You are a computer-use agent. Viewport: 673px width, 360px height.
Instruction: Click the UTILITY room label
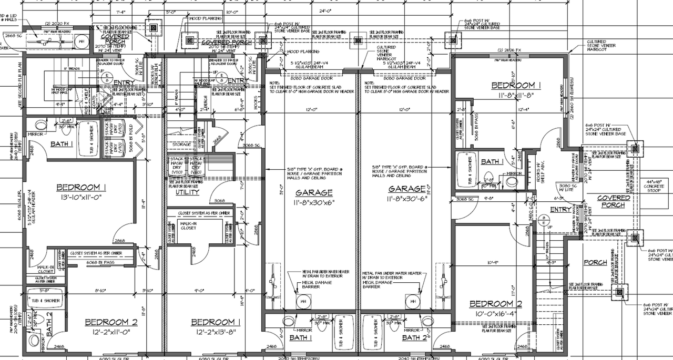coord(187,192)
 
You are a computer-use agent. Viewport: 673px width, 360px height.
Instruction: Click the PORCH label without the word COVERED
coord(595,263)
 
